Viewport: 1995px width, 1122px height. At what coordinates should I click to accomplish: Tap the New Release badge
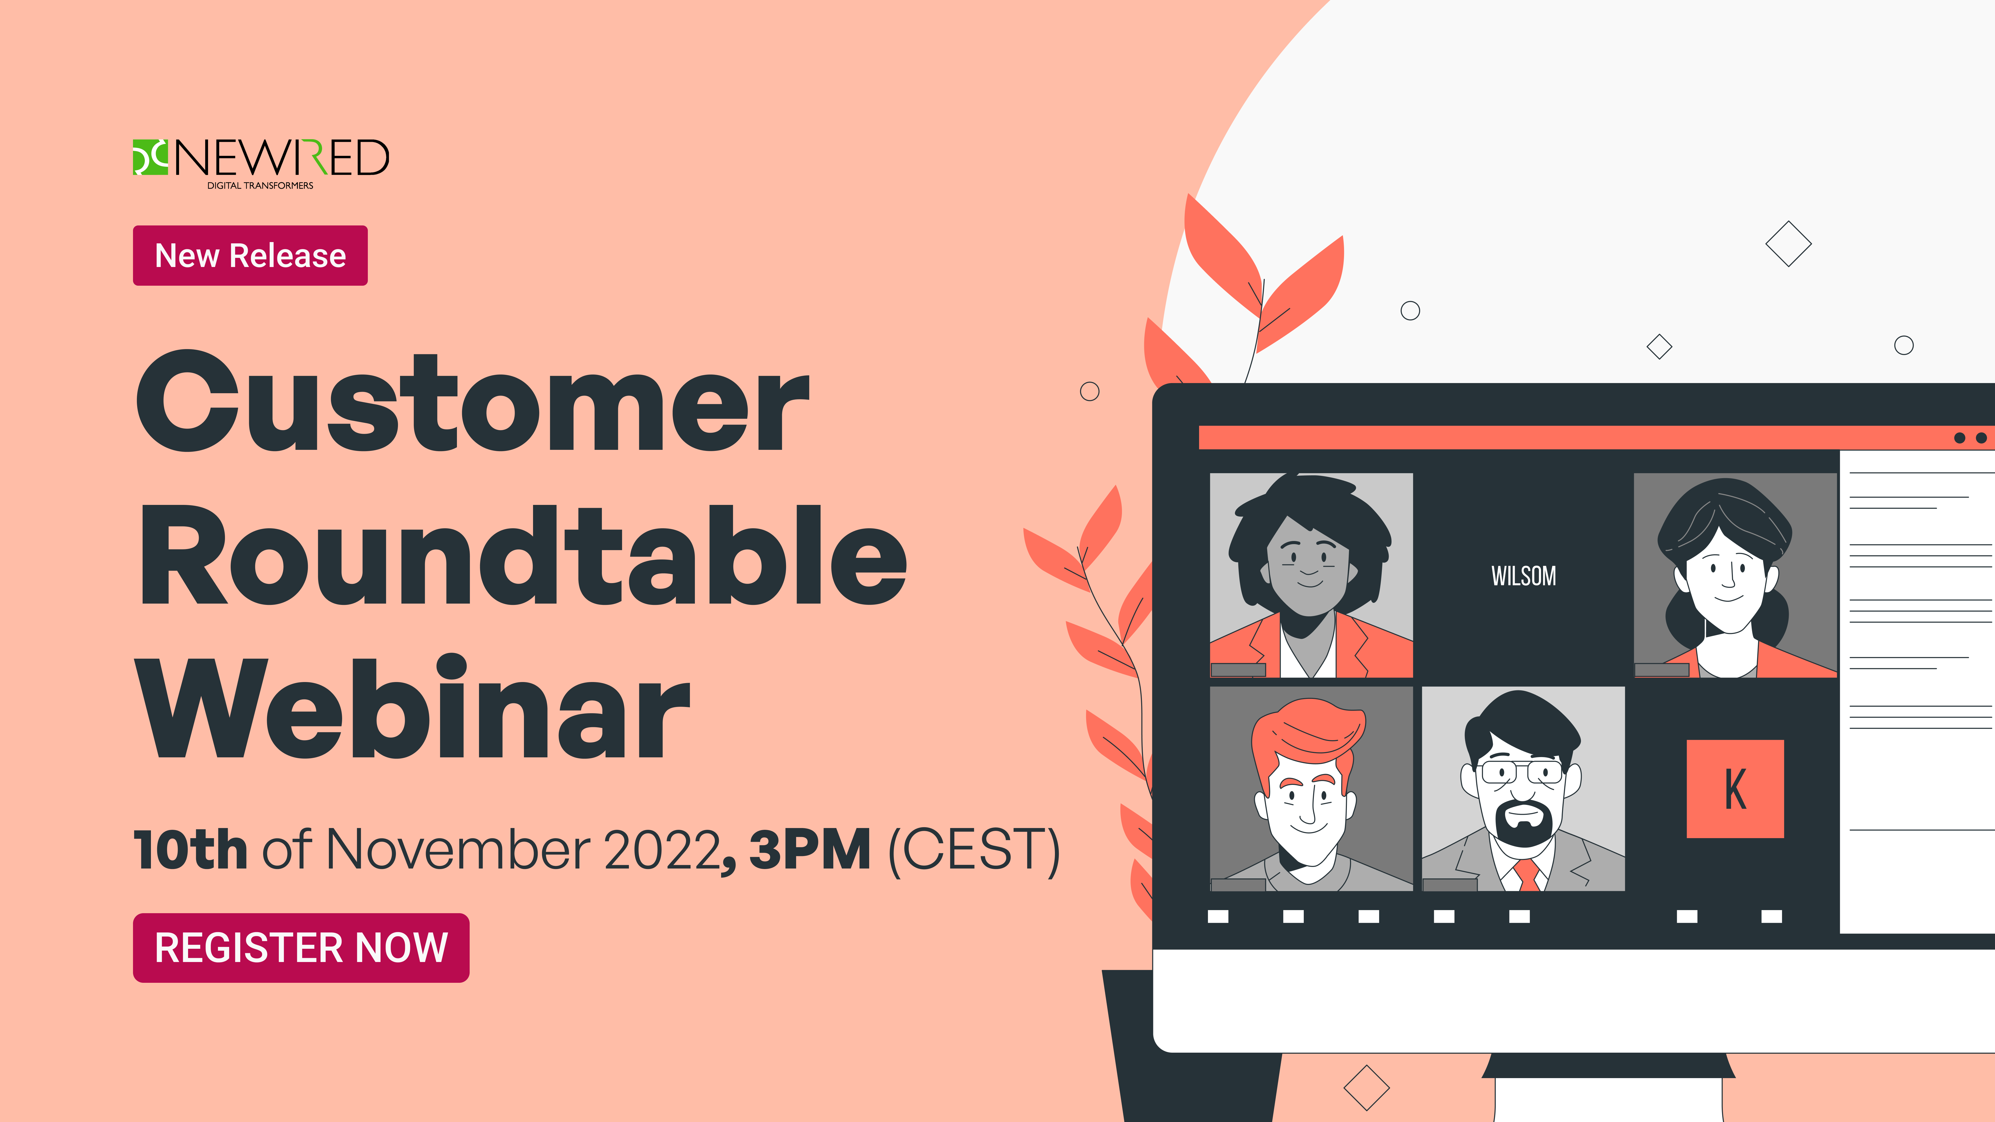(250, 256)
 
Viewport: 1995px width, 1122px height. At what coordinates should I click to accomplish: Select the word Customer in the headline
(473, 403)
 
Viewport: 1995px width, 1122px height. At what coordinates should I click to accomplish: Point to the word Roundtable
(523, 556)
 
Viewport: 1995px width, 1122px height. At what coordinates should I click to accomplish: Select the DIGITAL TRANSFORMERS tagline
(260, 186)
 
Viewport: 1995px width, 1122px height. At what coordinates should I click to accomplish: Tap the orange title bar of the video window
(1572, 437)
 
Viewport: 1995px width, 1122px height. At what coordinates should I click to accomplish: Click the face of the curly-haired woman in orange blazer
(1309, 569)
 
